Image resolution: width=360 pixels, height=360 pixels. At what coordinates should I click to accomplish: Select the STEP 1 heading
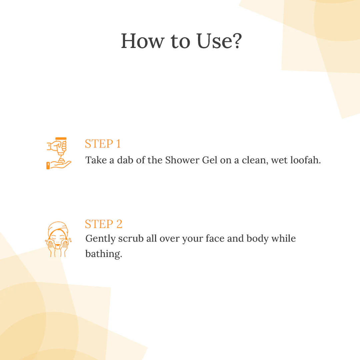coord(103,144)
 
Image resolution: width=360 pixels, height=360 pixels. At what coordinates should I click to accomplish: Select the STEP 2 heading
coord(103,224)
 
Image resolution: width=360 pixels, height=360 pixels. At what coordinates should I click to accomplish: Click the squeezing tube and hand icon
coord(58,153)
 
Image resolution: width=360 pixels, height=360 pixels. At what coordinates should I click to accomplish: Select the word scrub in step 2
coord(131,239)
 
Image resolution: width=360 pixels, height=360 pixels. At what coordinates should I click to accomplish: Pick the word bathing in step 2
coord(103,254)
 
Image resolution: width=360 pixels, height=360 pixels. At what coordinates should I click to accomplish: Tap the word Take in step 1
coord(96,160)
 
